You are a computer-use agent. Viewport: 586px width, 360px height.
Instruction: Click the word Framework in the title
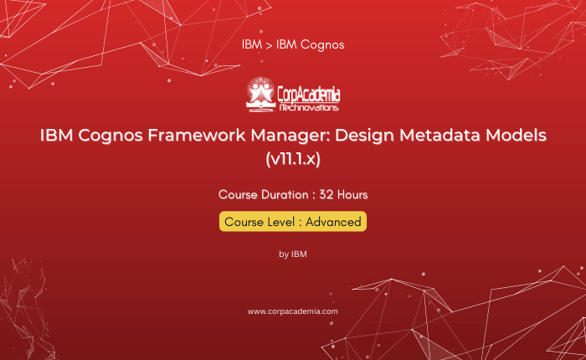coord(197,135)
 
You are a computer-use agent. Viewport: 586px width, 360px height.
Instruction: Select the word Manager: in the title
coord(290,135)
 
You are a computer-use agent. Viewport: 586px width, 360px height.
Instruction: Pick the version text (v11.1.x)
coord(293,159)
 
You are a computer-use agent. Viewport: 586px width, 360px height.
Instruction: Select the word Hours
coord(352,195)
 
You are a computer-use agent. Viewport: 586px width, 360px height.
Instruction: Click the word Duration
coord(285,195)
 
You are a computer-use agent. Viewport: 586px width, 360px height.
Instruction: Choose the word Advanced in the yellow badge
coord(333,222)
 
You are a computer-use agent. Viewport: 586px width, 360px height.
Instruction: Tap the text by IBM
coord(293,255)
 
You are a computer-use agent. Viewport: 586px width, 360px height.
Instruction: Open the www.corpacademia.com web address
coord(293,311)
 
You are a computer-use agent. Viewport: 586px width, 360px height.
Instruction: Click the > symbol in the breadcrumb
coord(269,45)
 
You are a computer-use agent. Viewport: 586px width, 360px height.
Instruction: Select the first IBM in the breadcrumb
coord(252,44)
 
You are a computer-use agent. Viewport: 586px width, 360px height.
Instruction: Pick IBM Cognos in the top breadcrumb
coord(311,45)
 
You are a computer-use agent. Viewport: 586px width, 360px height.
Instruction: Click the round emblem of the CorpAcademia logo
coord(260,94)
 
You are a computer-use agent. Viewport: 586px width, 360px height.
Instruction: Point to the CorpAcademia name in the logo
coord(309,95)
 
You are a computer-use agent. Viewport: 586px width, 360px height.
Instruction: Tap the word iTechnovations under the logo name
coord(309,108)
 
